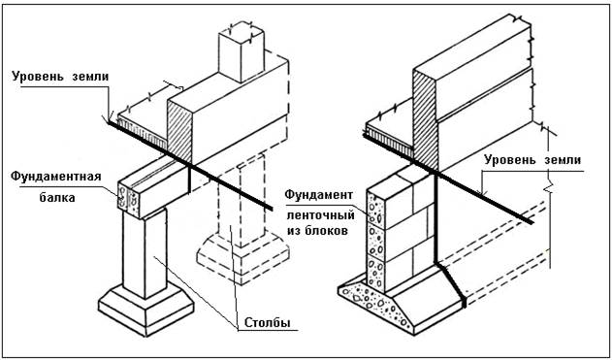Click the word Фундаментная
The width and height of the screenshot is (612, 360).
click(56, 177)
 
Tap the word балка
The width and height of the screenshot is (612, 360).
click(57, 198)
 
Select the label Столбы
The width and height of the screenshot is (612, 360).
click(268, 322)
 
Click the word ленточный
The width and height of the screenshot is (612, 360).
click(321, 214)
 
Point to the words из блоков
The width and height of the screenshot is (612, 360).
click(317, 231)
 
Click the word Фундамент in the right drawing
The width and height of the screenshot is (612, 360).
click(319, 194)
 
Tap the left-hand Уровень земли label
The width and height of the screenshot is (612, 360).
click(60, 77)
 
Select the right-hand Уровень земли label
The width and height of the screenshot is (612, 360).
click(532, 160)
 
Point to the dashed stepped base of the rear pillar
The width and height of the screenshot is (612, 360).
click(242, 258)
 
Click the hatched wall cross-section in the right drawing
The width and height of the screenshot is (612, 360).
click(426, 121)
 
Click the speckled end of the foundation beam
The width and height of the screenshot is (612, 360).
click(128, 198)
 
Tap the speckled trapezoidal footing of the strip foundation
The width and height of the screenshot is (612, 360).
click(375, 305)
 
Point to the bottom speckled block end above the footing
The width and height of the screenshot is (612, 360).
click(376, 276)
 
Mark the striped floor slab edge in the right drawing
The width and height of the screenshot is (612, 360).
click(389, 140)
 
